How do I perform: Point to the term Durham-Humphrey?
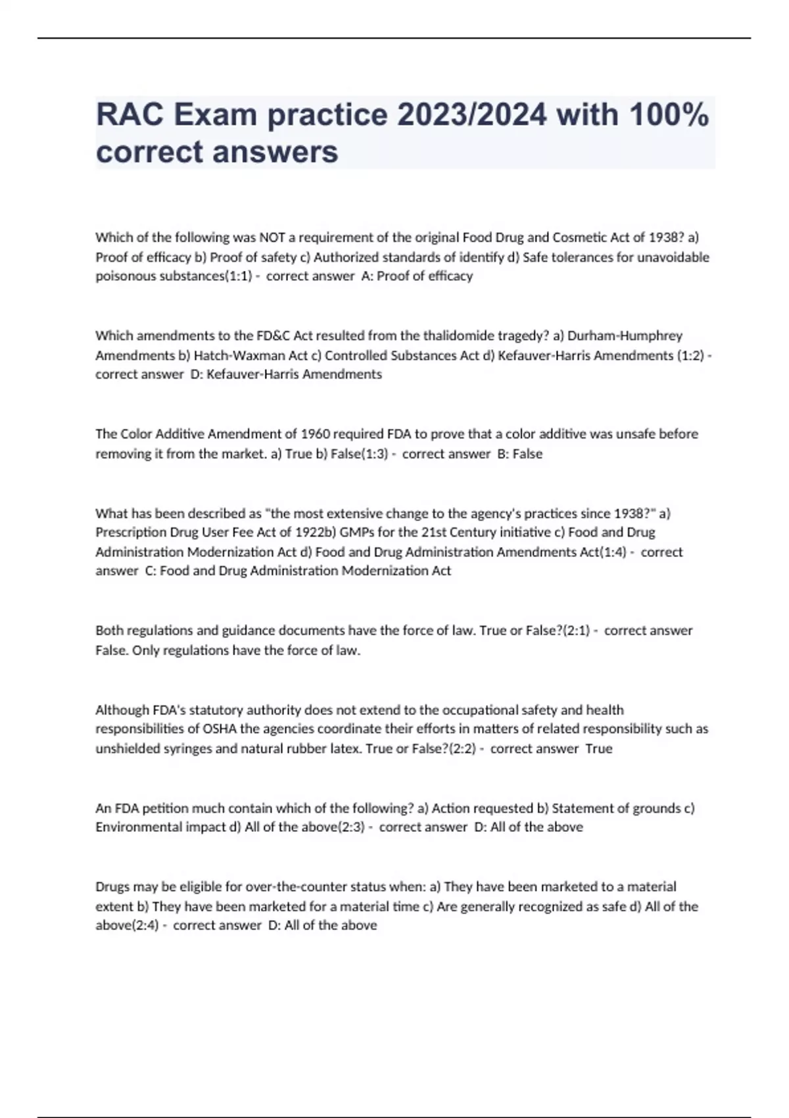point(625,335)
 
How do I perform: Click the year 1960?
point(316,434)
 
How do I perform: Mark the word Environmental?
point(135,827)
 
